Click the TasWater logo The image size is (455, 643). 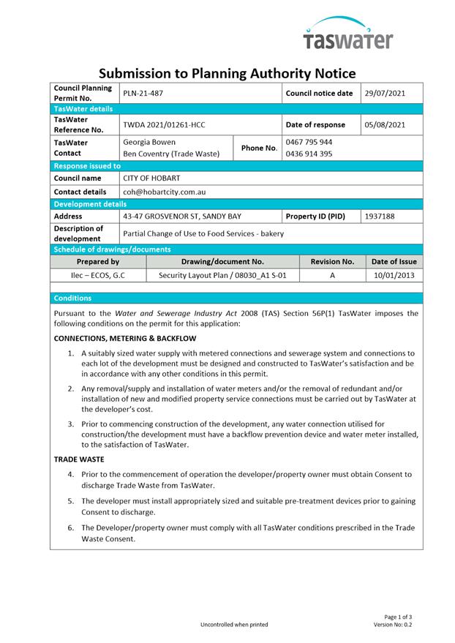click(x=348, y=34)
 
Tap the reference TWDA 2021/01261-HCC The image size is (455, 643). click(x=164, y=125)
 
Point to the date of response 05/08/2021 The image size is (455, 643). click(x=385, y=125)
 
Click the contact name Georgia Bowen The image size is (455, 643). click(x=149, y=142)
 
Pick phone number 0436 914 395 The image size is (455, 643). click(x=309, y=154)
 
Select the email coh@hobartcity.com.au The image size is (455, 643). click(x=164, y=192)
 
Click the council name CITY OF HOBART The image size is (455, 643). click(x=151, y=178)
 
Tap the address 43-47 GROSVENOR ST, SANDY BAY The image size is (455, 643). click(x=182, y=217)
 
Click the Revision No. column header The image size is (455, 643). click(x=332, y=261)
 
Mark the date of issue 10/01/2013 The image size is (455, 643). click(x=394, y=276)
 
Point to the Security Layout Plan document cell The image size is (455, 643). click(x=222, y=276)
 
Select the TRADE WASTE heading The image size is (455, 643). click(x=79, y=459)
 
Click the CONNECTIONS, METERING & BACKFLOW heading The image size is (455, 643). click(x=125, y=339)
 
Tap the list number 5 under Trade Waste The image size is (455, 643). click(x=72, y=501)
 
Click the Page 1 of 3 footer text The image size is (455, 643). click(x=398, y=617)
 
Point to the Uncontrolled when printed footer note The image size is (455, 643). click(x=234, y=625)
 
